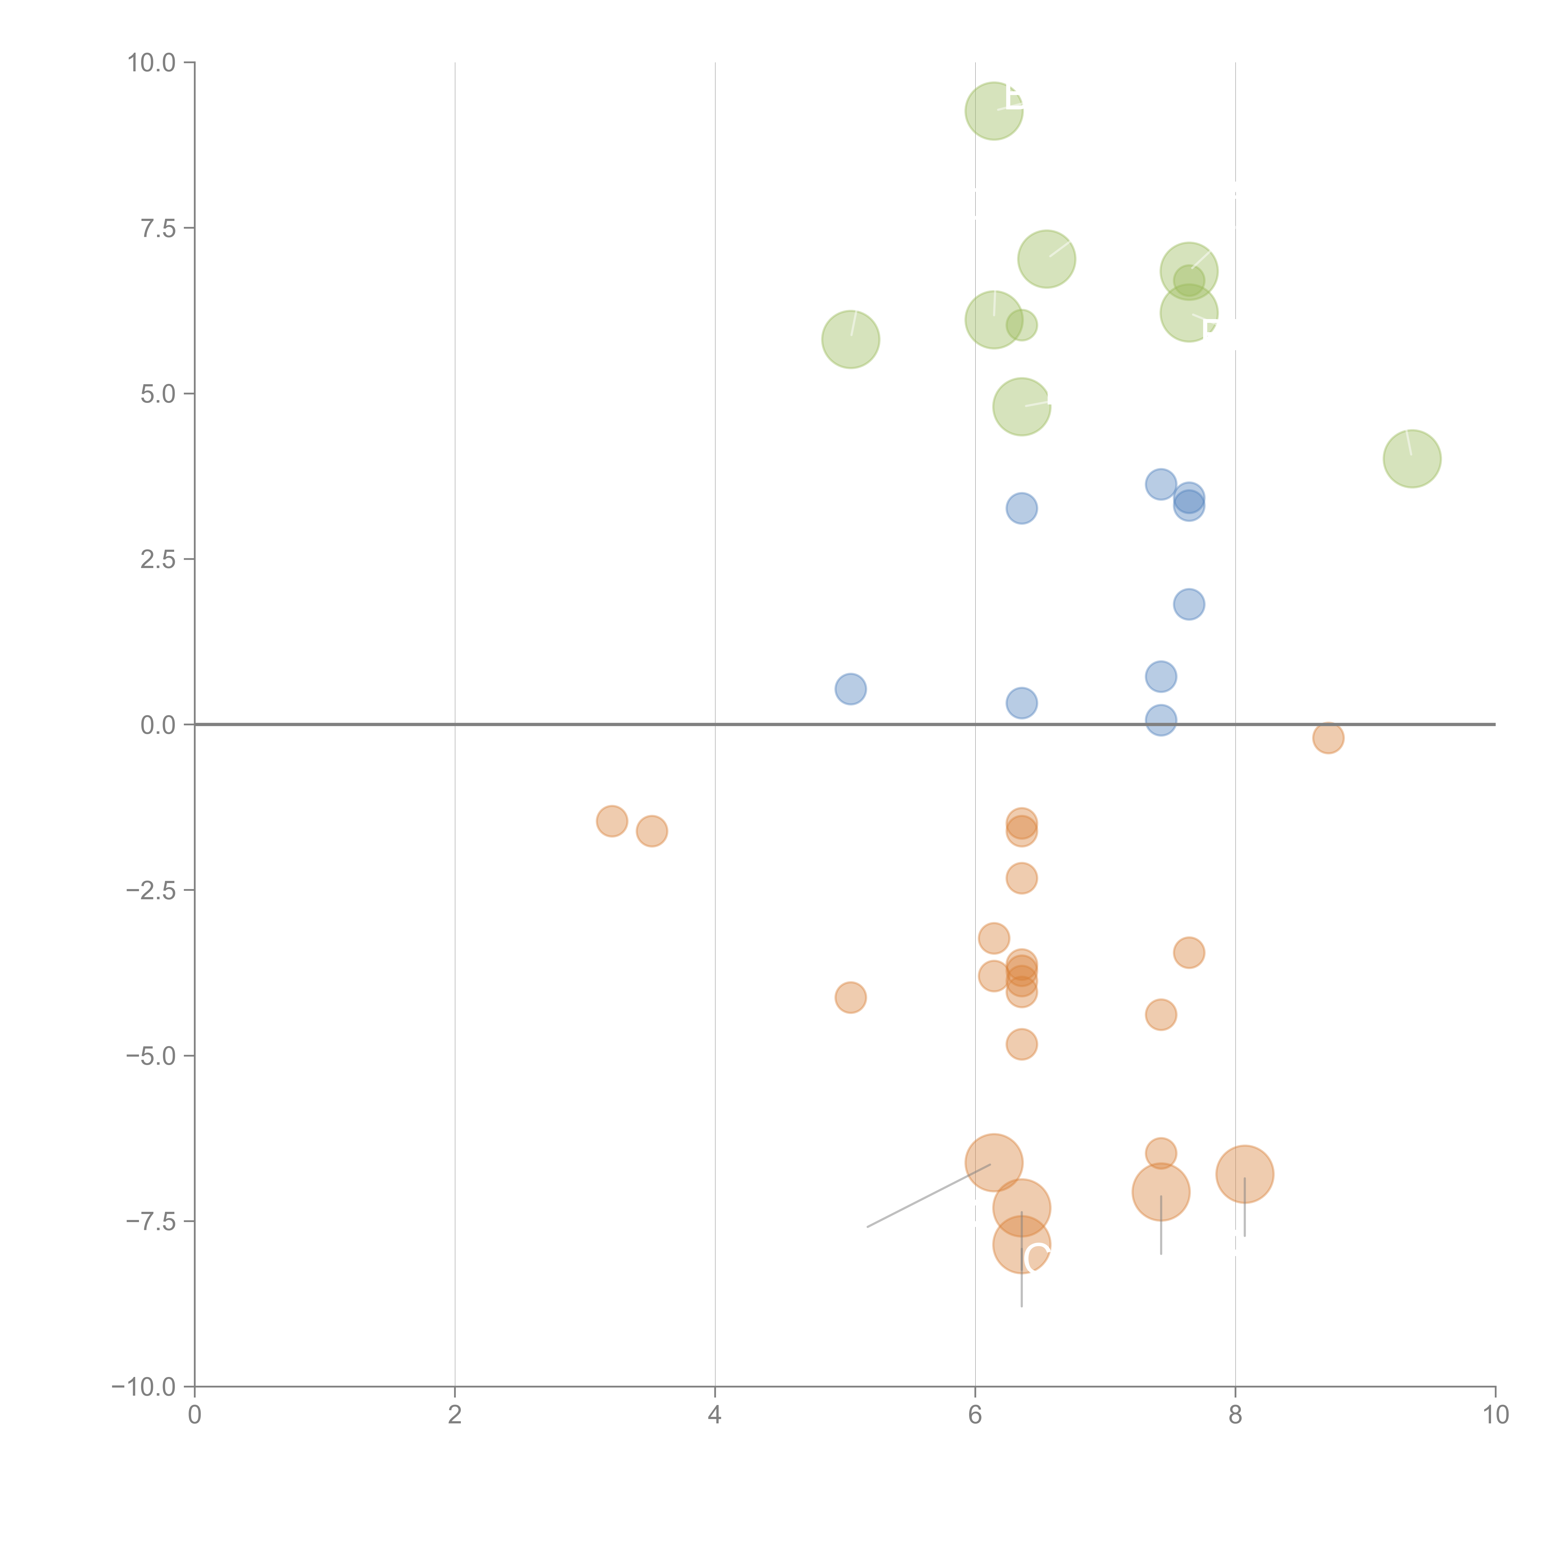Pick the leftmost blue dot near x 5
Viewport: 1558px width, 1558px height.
click(x=850, y=689)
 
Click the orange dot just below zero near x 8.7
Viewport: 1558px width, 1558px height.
click(x=1327, y=737)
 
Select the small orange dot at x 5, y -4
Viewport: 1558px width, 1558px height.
click(x=850, y=997)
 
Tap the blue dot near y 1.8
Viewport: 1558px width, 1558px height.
click(x=1189, y=604)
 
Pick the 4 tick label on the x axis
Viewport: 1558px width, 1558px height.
click(x=714, y=1415)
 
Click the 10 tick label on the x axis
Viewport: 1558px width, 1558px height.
click(x=1495, y=1415)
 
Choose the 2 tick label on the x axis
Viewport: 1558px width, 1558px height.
click(x=455, y=1415)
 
